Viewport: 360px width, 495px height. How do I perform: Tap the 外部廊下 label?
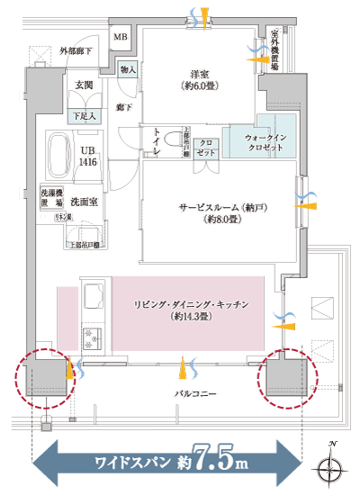click(x=78, y=50)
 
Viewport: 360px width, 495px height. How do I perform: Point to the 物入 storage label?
click(x=128, y=70)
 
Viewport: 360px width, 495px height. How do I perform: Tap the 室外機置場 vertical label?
click(x=274, y=51)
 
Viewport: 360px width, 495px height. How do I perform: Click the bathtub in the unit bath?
click(x=58, y=155)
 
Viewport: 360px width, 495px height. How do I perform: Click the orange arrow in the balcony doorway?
click(x=184, y=368)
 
